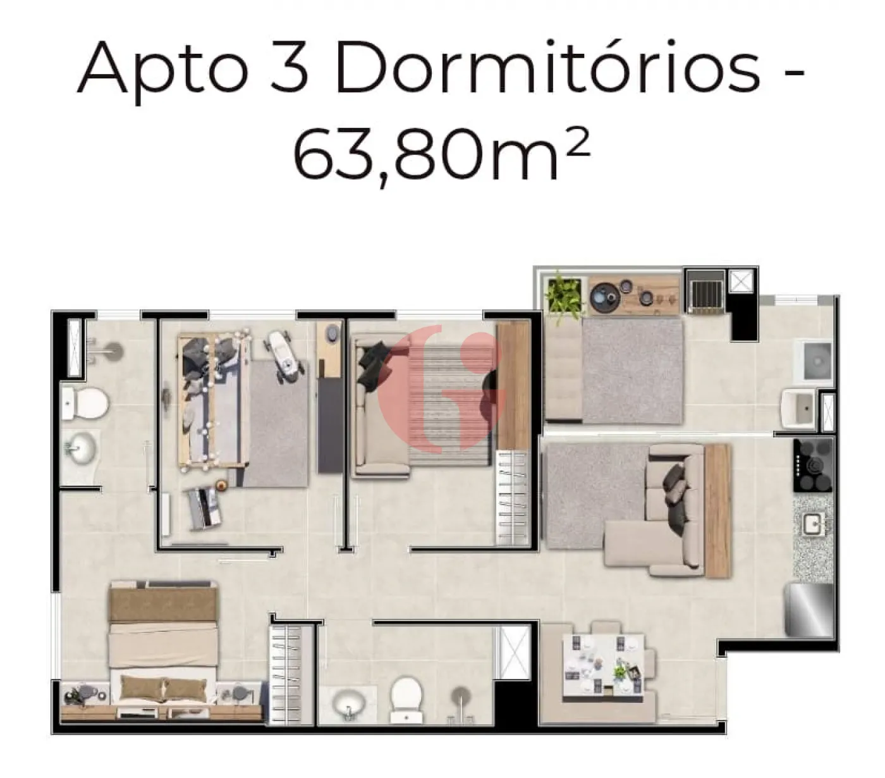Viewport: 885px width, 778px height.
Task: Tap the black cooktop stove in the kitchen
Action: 814,465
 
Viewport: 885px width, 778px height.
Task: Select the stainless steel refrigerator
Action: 809,610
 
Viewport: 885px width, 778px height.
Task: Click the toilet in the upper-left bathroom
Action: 85,402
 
